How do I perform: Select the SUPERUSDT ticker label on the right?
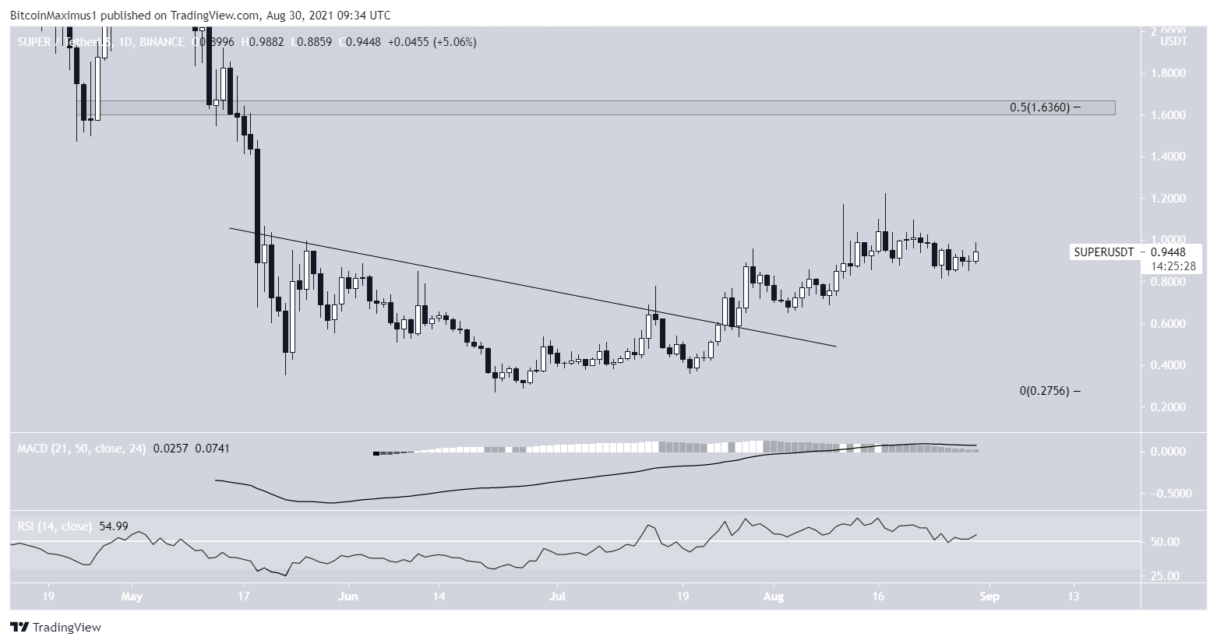click(1103, 252)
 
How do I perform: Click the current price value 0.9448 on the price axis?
click(1173, 252)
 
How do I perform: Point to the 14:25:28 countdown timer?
click(1173, 266)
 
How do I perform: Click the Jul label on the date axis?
click(557, 596)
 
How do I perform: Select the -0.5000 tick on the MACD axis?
click(1169, 493)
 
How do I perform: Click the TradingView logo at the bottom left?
click(56, 627)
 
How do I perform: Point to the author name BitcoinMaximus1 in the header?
click(50, 15)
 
